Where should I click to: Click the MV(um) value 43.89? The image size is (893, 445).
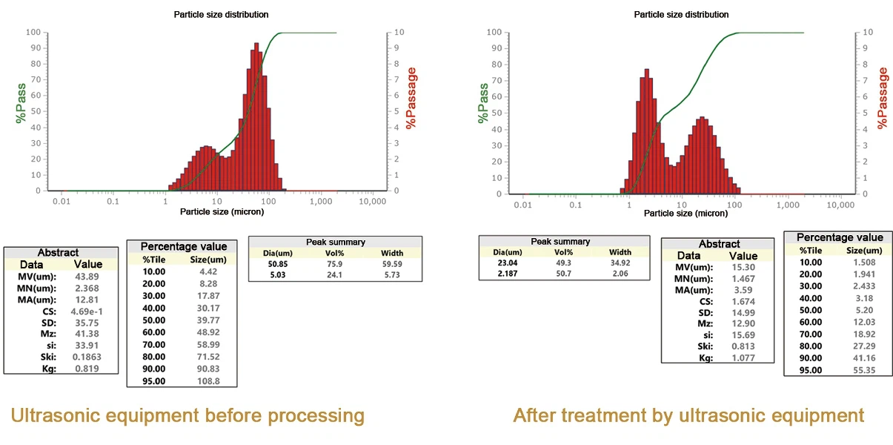tap(87, 277)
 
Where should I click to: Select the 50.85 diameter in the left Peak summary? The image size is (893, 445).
tap(277, 264)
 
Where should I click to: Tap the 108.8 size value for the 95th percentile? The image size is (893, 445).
tap(208, 381)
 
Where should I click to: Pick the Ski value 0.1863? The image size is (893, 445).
tap(87, 357)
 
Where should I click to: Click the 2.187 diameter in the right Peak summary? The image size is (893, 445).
tap(507, 274)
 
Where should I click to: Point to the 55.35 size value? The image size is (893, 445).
tap(864, 370)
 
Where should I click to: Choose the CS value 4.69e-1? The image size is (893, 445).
tap(87, 311)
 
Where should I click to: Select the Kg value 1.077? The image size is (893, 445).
tap(743, 357)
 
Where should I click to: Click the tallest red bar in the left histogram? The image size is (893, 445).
tap(256, 116)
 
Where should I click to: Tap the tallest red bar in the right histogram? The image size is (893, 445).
tap(647, 132)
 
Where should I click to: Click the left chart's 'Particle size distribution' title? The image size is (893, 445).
tap(221, 15)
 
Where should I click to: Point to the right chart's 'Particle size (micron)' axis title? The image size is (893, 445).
tap(685, 213)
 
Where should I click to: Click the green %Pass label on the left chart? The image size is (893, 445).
tap(21, 103)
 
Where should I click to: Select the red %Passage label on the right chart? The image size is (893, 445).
tap(882, 98)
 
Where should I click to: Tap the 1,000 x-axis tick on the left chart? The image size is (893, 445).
tap(321, 202)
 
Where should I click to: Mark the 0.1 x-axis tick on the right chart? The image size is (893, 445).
tap(575, 205)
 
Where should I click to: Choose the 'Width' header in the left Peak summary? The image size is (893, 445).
tap(392, 253)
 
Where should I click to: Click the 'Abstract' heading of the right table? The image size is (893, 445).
tap(719, 244)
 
